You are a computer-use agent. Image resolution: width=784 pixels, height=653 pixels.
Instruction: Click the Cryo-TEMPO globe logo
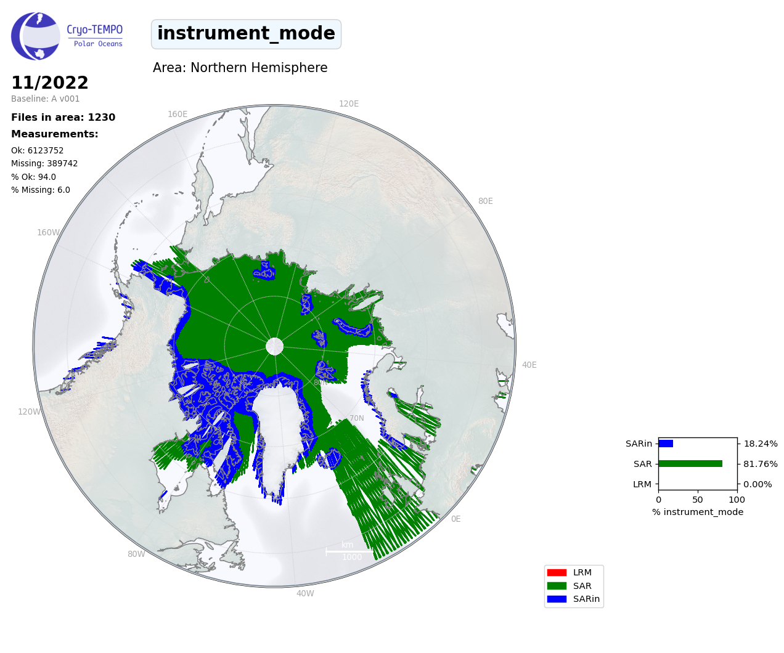click(36, 36)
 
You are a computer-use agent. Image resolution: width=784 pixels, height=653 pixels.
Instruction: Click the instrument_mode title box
click(246, 34)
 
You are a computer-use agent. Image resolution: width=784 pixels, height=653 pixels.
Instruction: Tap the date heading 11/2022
click(50, 83)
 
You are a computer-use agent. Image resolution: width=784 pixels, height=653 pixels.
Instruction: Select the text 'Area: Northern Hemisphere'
click(240, 68)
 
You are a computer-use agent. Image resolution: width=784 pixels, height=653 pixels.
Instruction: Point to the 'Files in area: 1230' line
click(63, 118)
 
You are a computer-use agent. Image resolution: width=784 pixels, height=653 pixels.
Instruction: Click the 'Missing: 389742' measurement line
click(44, 164)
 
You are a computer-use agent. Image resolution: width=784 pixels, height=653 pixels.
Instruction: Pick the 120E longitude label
click(349, 103)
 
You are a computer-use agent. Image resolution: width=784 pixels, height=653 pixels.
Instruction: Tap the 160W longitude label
click(48, 232)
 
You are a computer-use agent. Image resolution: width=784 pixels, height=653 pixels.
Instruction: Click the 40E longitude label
click(529, 365)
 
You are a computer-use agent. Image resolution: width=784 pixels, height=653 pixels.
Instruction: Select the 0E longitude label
click(456, 519)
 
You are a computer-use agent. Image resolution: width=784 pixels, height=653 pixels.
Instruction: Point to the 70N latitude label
click(356, 418)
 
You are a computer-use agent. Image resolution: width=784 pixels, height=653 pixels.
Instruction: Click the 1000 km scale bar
click(349, 552)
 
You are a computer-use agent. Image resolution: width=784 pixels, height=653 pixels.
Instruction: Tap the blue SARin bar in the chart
click(666, 444)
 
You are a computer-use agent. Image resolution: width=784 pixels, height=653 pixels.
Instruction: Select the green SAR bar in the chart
click(690, 464)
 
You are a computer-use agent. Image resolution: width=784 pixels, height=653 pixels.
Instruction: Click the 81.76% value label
click(761, 464)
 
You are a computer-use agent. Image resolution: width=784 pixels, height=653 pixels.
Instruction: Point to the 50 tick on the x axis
click(698, 500)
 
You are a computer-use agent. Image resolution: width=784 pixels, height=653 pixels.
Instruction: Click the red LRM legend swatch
click(557, 572)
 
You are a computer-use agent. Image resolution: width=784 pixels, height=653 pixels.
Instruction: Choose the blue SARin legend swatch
click(557, 599)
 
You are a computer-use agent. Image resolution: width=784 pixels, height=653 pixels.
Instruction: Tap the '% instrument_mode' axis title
click(698, 512)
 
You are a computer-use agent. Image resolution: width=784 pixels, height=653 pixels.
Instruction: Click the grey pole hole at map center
click(274, 346)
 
